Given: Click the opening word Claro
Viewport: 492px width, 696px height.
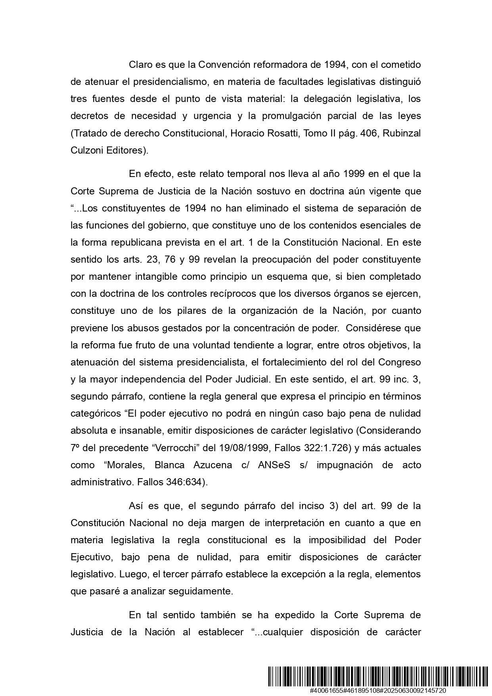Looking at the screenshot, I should [x=140, y=64].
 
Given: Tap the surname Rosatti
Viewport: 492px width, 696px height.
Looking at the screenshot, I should [x=282, y=133].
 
